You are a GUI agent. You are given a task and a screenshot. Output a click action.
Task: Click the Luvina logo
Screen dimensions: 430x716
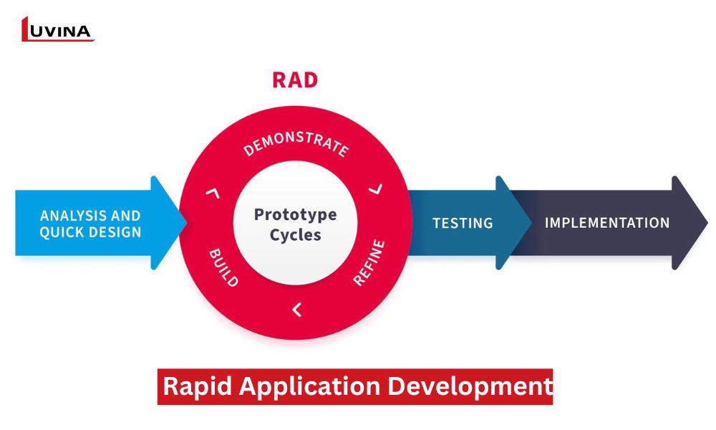[x=57, y=29]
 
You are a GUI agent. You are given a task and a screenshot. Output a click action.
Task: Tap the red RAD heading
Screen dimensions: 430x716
[x=294, y=80]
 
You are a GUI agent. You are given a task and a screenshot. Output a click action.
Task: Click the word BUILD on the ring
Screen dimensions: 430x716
[x=223, y=267]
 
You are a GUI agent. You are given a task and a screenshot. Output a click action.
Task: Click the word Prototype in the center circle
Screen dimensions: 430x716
[x=295, y=214]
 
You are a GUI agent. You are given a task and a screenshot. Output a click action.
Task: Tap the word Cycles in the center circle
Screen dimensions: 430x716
[x=295, y=235]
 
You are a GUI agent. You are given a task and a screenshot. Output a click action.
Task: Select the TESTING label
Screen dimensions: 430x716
[x=463, y=223]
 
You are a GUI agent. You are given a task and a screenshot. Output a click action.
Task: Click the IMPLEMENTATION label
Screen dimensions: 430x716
[x=607, y=223]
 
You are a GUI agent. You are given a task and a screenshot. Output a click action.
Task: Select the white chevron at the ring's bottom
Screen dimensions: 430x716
[x=296, y=310]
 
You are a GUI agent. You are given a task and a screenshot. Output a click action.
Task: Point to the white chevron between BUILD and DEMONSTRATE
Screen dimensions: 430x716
[x=211, y=191]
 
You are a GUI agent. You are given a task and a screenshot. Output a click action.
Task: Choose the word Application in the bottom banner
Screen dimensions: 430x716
[x=310, y=386]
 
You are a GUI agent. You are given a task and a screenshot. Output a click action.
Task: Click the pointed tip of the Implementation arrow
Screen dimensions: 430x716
[x=705, y=223]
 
